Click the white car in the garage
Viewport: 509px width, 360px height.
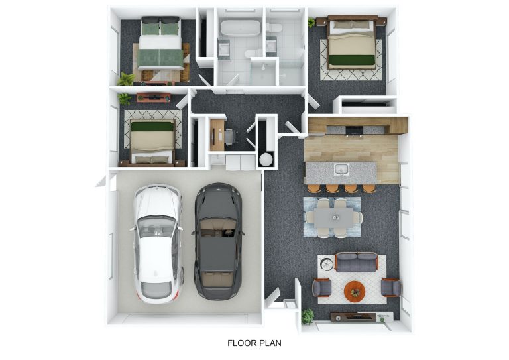(x=157, y=244)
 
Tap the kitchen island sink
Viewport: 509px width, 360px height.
(x=341, y=170)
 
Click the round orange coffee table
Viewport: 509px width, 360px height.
(x=355, y=291)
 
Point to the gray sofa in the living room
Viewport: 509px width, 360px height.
(x=357, y=262)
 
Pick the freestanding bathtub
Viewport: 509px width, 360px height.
(x=241, y=29)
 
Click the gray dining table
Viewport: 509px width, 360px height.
(x=333, y=217)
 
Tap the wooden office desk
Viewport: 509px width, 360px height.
(x=217, y=135)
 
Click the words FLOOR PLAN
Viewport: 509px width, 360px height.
(x=254, y=343)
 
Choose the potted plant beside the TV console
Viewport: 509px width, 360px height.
(x=308, y=316)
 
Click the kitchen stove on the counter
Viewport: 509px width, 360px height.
(x=354, y=131)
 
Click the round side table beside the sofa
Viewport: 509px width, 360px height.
(x=327, y=263)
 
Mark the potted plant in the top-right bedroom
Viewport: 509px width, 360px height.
(x=311, y=23)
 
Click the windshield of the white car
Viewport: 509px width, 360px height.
(x=157, y=226)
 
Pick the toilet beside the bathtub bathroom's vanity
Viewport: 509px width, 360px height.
(x=253, y=53)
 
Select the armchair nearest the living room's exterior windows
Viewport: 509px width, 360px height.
(x=391, y=288)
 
